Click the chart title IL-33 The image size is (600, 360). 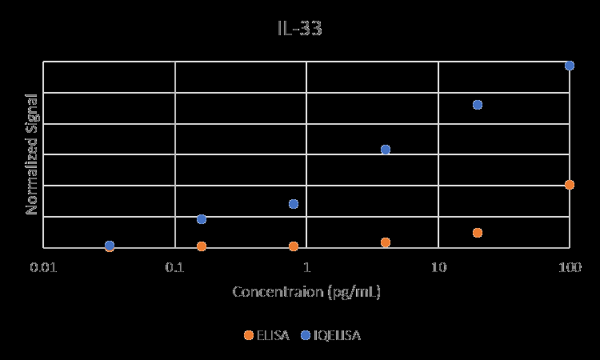[x=300, y=29]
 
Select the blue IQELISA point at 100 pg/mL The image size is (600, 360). [x=570, y=66]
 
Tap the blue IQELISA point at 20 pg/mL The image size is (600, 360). [x=478, y=105]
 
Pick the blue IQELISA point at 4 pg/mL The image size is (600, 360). [x=386, y=150]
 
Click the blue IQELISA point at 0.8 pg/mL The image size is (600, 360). [x=294, y=204]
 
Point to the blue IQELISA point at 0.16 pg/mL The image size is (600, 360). [x=202, y=219]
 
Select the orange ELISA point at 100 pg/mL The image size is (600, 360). [x=570, y=185]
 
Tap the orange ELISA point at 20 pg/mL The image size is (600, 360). [x=478, y=233]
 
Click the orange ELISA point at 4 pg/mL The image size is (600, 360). [x=386, y=242]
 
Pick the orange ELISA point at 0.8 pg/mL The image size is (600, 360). [x=294, y=246]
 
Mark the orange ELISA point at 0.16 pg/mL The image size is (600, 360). [x=202, y=246]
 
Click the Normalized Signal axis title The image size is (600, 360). [x=32, y=154]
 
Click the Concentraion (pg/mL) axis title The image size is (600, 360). [x=306, y=291]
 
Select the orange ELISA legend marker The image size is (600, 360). [x=248, y=335]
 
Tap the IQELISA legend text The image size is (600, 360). [x=337, y=335]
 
